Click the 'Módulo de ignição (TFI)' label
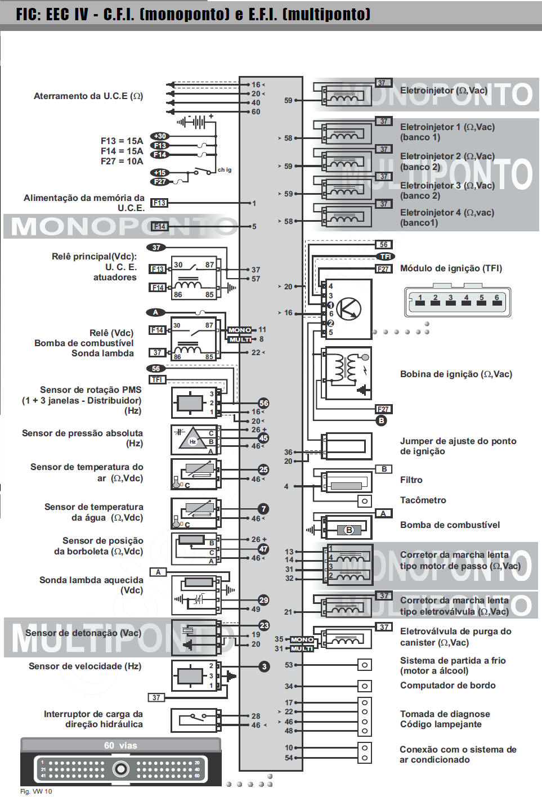tap(451, 268)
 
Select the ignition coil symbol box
tap(347, 374)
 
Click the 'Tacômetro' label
tap(423, 500)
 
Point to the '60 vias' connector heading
tap(120, 745)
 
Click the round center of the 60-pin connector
tap(120, 768)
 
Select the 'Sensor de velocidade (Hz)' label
tap(85, 666)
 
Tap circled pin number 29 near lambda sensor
tap(263, 600)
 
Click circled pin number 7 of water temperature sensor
tap(263, 509)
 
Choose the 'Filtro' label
tap(411, 480)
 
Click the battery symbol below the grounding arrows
tap(195, 122)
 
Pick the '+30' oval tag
tap(160, 136)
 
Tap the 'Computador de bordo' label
tap(447, 686)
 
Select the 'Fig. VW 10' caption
tap(36, 791)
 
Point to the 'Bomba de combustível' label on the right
tap(450, 525)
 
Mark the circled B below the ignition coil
tap(381, 420)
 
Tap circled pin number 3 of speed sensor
tap(264, 666)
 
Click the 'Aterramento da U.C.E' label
tap(88, 96)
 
